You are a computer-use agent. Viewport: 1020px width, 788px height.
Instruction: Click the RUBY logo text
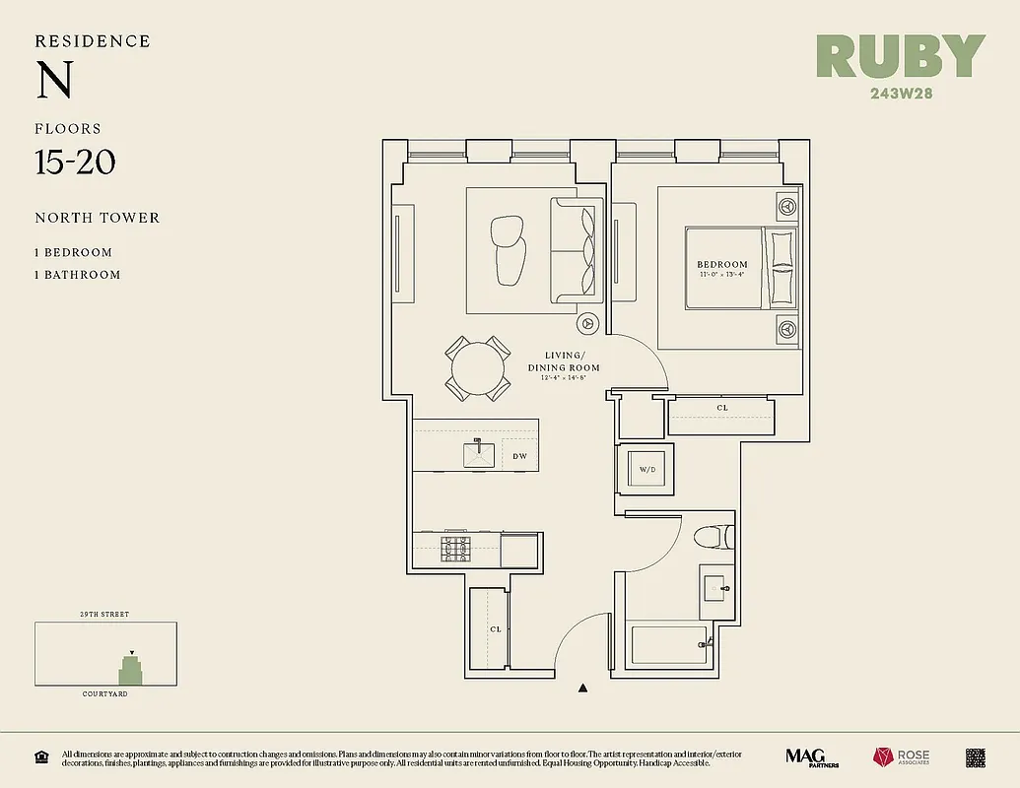point(901,58)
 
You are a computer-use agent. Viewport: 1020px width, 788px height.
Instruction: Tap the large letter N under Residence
point(54,81)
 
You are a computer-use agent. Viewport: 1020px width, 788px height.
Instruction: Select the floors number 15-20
point(76,162)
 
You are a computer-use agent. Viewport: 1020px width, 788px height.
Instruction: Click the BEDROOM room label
point(722,265)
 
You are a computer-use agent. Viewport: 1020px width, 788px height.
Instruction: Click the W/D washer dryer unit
point(646,470)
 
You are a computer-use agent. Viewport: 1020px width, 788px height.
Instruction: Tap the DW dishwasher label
point(519,456)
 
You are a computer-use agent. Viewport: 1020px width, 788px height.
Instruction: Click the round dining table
point(478,368)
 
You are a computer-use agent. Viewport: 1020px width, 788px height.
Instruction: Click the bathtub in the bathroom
point(668,645)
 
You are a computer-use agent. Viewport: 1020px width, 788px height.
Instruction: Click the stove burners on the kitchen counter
point(456,549)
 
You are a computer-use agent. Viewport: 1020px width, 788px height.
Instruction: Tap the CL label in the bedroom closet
point(722,408)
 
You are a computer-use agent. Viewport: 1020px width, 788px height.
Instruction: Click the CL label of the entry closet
point(496,628)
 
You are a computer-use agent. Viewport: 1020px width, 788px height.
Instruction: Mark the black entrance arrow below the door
point(583,689)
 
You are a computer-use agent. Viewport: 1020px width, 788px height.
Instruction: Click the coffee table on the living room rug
point(509,249)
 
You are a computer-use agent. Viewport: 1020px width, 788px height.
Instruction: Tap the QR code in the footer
point(976,757)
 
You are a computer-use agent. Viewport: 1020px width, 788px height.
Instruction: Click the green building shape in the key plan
point(130,672)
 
